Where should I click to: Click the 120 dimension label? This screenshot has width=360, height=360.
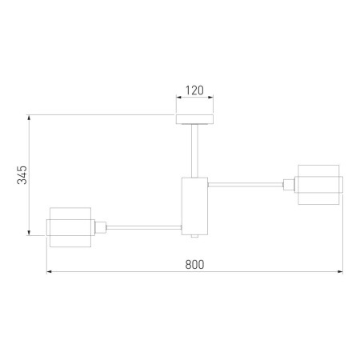pyautogui.click(x=194, y=90)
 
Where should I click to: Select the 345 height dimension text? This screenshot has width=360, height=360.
pyautogui.click(x=22, y=175)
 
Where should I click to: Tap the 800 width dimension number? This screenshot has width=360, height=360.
pyautogui.click(x=194, y=265)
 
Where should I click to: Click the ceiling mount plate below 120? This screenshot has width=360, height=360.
pyautogui.click(x=194, y=119)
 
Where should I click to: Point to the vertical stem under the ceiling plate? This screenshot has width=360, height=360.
pyautogui.click(x=194, y=151)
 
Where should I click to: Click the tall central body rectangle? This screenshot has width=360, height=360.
pyautogui.click(x=194, y=206)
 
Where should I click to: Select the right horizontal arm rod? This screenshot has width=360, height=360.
pyautogui.click(x=246, y=184)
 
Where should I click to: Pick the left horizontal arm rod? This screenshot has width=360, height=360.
pyautogui.click(x=144, y=227)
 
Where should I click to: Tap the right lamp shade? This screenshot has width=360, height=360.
pyautogui.click(x=318, y=185)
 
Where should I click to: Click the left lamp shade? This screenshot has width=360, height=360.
pyautogui.click(x=70, y=227)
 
